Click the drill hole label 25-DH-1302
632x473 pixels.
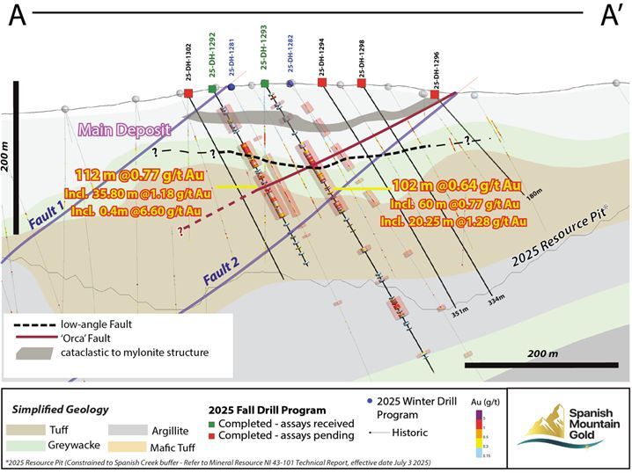(188, 65)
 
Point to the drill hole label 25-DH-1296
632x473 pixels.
(436, 67)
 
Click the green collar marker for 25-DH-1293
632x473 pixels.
(265, 84)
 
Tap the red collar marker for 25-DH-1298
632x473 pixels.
(362, 83)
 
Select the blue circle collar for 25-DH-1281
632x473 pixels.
(231, 88)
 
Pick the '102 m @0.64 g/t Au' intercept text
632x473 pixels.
(459, 186)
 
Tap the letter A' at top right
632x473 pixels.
(611, 17)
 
